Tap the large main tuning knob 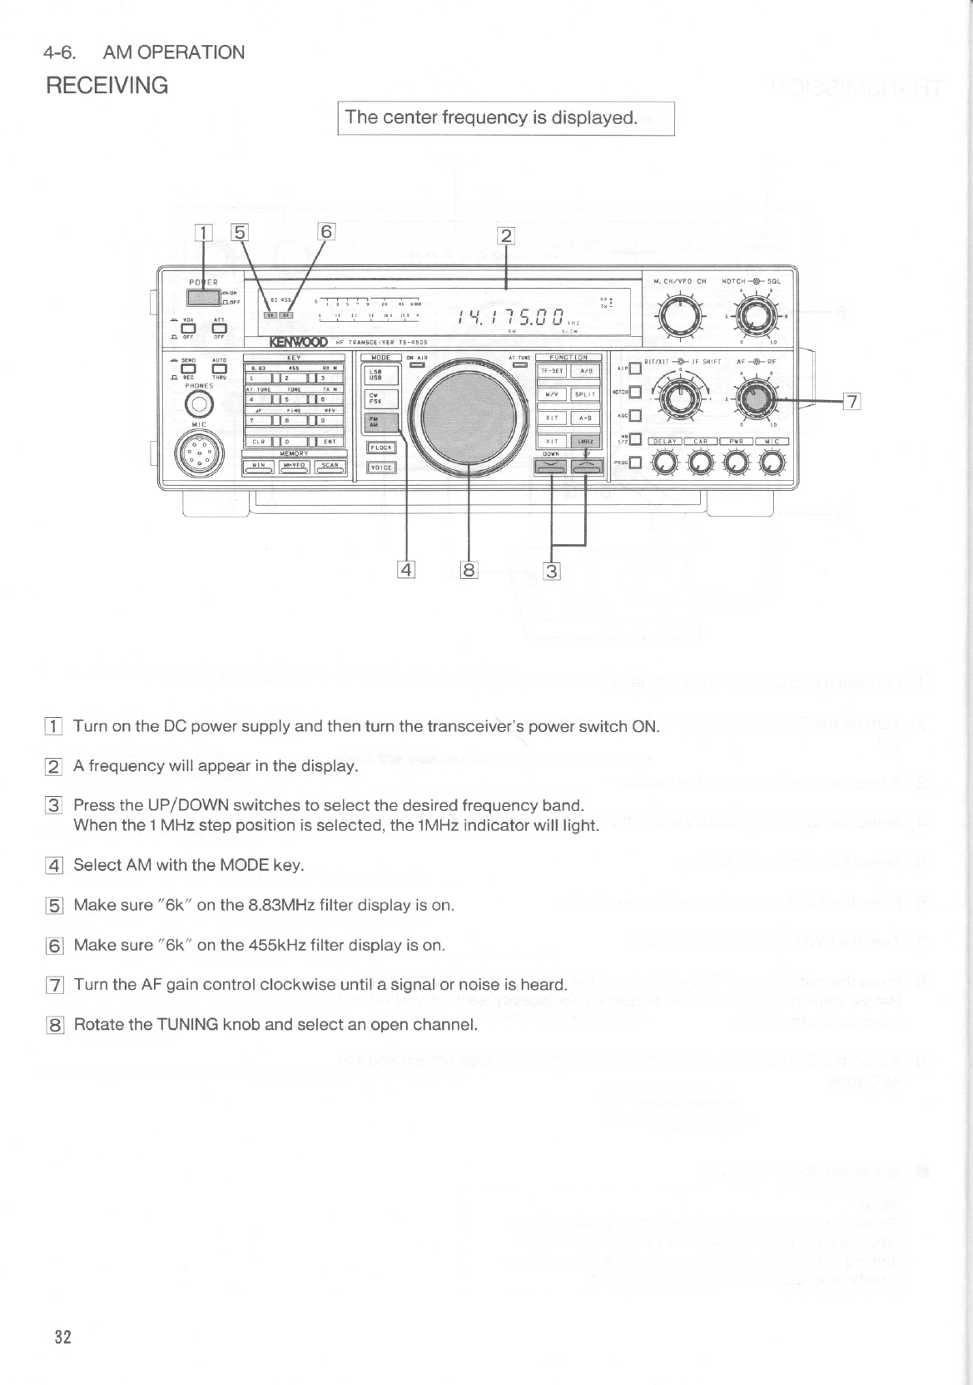[x=471, y=414]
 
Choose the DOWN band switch [x=551, y=469]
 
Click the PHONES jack [x=198, y=405]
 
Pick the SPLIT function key [x=584, y=394]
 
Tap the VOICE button [x=381, y=467]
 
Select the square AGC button [x=634, y=416]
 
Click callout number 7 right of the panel [x=851, y=402]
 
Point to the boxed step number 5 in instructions [x=53, y=906]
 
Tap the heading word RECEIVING [x=107, y=85]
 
